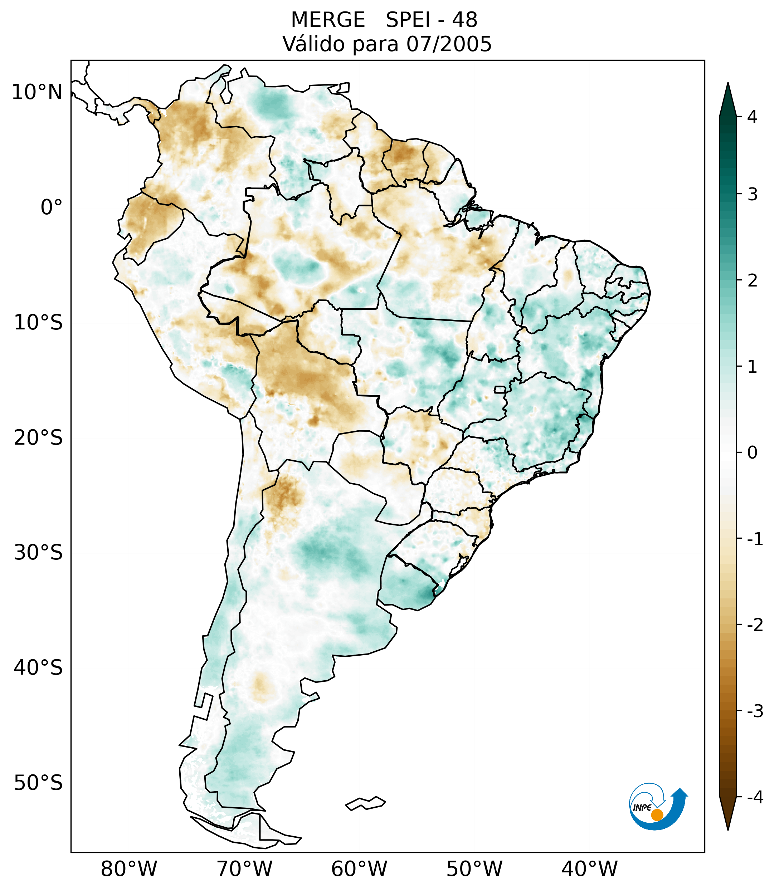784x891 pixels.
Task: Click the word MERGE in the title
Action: tap(327, 20)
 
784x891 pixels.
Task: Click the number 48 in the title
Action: tap(464, 20)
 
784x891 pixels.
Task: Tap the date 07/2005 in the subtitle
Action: tap(449, 44)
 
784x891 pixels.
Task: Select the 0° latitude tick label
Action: tap(52, 207)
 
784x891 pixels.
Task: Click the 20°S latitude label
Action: tap(38, 438)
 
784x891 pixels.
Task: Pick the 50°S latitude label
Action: tap(38, 783)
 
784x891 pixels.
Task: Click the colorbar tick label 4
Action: tap(752, 117)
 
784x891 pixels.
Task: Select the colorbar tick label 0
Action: tap(752, 453)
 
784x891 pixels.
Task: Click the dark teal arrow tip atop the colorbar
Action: tap(727, 98)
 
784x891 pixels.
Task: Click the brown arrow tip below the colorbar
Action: tap(727, 814)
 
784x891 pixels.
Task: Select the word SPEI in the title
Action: tap(408, 20)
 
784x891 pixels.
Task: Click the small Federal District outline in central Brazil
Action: tap(500, 389)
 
